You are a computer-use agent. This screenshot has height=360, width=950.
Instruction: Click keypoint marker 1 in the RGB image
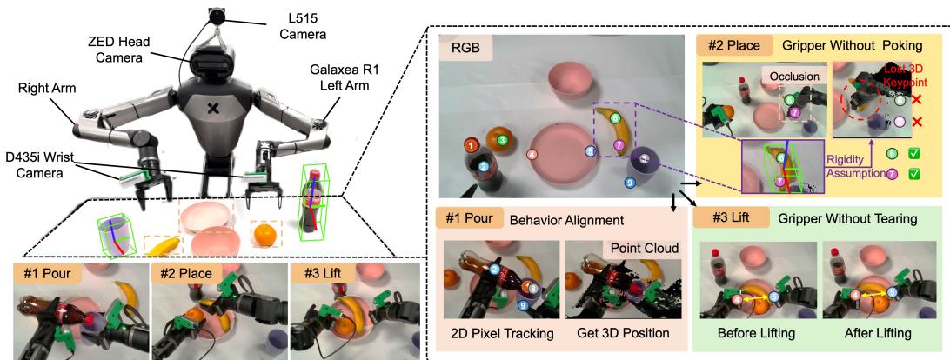(x=470, y=143)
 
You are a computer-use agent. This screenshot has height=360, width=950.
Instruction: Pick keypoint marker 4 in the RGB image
(x=532, y=154)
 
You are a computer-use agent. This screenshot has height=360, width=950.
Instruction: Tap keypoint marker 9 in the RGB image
(x=630, y=183)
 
